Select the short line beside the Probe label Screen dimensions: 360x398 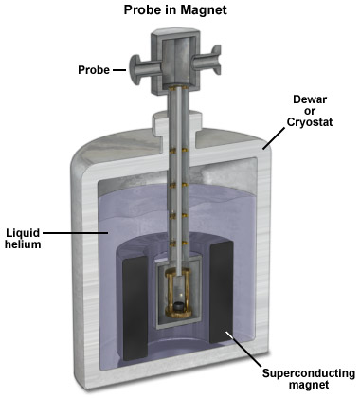click(120, 68)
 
